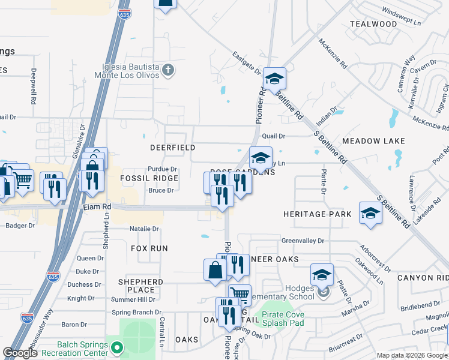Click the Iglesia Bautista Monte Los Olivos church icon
click(169, 70)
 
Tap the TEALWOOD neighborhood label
click(373, 24)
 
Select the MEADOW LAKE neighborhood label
click(373, 141)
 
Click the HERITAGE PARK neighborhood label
click(317, 214)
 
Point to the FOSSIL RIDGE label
click(149, 178)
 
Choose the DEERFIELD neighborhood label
click(172, 147)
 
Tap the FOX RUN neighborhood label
click(149, 248)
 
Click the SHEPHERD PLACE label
click(140, 286)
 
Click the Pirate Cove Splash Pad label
click(282, 319)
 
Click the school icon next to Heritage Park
click(370, 213)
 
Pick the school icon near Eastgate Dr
click(274, 79)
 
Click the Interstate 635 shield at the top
click(124, 14)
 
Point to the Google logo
click(20, 353)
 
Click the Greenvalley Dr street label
click(303, 241)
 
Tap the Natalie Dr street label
click(144, 229)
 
